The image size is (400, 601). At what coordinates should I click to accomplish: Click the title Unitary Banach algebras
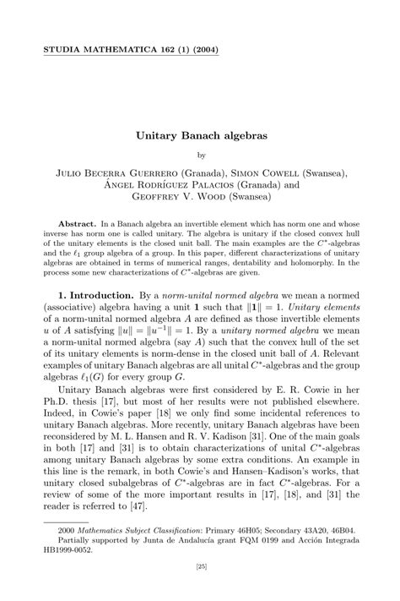200,134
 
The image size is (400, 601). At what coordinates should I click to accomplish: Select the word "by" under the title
201,156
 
